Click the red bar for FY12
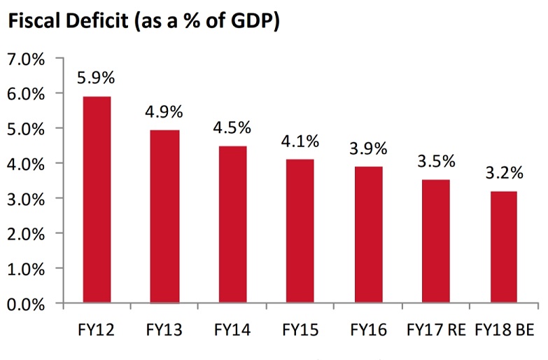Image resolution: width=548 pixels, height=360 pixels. coord(97,200)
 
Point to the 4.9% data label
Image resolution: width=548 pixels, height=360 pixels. coord(164,111)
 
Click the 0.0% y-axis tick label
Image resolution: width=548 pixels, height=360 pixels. coord(26,304)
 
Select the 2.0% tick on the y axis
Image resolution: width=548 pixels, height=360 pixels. coord(26,234)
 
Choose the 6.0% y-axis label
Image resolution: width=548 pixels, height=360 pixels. coord(26,94)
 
